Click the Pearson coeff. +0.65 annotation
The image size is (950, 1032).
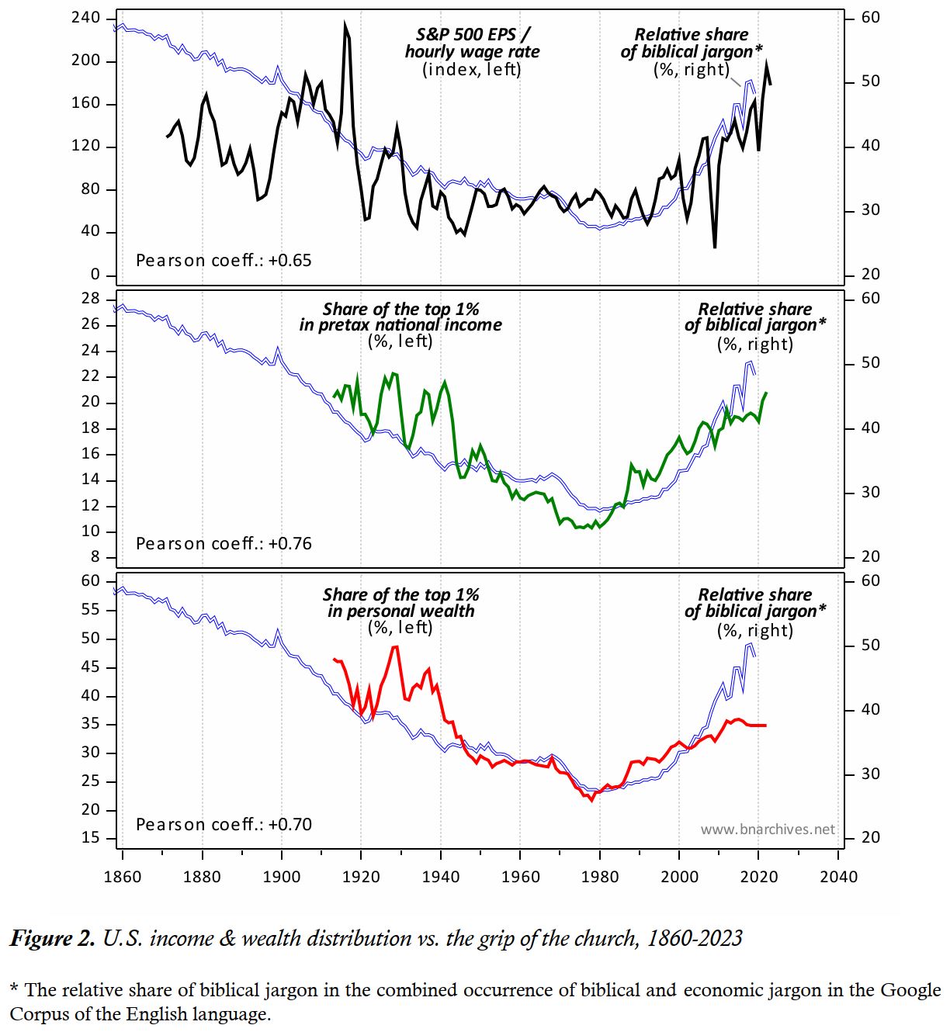(x=224, y=261)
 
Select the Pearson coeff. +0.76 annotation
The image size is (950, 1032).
(x=224, y=544)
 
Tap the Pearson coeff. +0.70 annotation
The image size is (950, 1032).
(x=224, y=825)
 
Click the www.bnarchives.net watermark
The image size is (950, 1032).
(x=768, y=829)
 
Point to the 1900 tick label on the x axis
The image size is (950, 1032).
(x=282, y=877)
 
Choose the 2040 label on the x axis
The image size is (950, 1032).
(x=839, y=877)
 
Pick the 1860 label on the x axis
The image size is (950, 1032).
(x=123, y=877)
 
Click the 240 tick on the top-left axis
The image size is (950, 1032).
(x=85, y=19)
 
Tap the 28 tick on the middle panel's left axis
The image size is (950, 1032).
(x=91, y=299)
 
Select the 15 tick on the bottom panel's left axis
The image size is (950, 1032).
(x=91, y=838)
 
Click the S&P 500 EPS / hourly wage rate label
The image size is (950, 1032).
(x=473, y=43)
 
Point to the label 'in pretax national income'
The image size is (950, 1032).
(x=400, y=325)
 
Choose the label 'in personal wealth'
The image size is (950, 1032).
(x=400, y=611)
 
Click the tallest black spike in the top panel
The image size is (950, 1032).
(x=345, y=26)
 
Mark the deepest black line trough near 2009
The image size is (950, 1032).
(x=714, y=247)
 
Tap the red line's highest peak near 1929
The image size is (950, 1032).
(x=395, y=646)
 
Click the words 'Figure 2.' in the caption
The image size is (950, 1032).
(x=52, y=939)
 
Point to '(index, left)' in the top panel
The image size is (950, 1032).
(x=472, y=70)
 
